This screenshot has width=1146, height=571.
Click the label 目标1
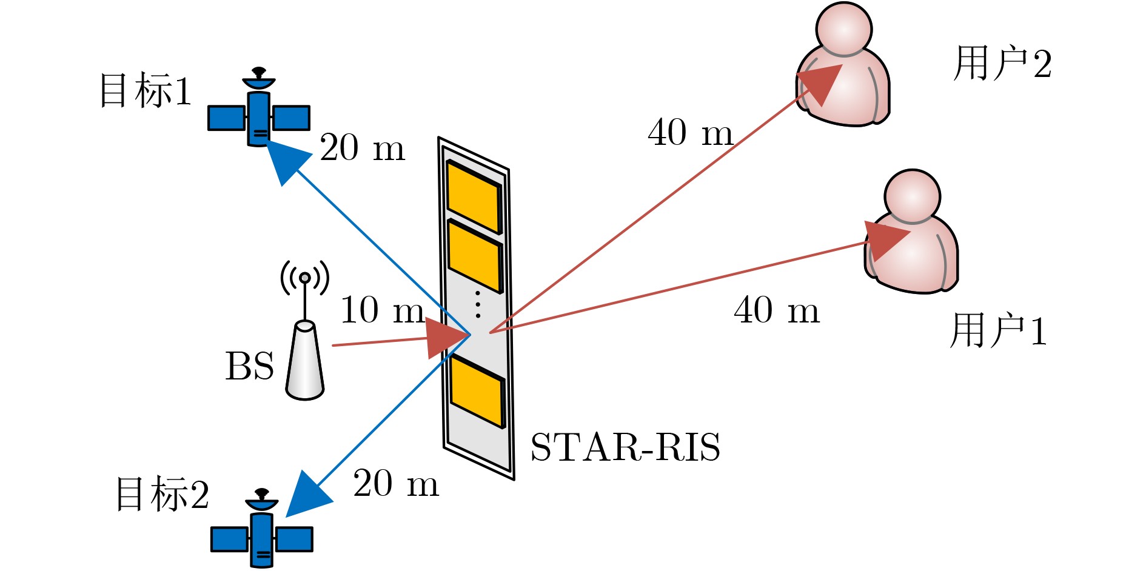coord(146,91)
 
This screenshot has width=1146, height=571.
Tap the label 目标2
coord(163,494)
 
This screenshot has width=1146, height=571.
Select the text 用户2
coord(1002,64)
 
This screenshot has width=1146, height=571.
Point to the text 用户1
coord(999,331)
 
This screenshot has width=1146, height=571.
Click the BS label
coord(249,367)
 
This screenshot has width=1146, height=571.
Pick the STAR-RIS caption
coord(625,448)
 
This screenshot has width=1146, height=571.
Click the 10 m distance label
coord(382,310)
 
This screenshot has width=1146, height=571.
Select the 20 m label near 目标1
coord(362,148)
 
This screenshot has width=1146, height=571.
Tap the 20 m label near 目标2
coord(396,484)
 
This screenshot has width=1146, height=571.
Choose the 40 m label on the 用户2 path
coord(690,132)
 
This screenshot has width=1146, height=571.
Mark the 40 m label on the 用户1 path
coord(776,310)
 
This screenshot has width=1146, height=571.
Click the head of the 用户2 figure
coord(843,29)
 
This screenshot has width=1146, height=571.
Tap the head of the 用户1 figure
coord(912,196)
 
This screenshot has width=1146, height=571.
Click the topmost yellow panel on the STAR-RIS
coord(474,196)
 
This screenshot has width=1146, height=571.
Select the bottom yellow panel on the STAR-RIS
coord(478,392)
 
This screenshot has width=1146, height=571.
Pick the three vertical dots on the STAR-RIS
coord(478,304)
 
